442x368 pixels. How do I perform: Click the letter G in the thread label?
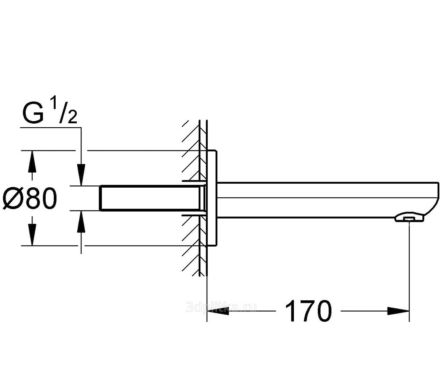33,114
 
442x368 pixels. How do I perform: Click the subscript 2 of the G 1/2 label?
72,118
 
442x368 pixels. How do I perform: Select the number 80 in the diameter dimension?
41,199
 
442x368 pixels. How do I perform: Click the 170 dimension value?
308,311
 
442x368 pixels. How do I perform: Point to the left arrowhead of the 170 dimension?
218,311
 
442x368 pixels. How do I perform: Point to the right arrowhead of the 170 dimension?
398,311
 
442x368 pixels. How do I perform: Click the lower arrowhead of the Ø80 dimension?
32,235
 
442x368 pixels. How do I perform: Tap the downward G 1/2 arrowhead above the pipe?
81,175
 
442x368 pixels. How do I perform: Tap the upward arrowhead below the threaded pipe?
81,222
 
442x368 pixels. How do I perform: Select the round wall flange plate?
212,198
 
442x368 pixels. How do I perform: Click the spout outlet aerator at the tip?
409,217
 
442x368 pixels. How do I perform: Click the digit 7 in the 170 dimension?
308,311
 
